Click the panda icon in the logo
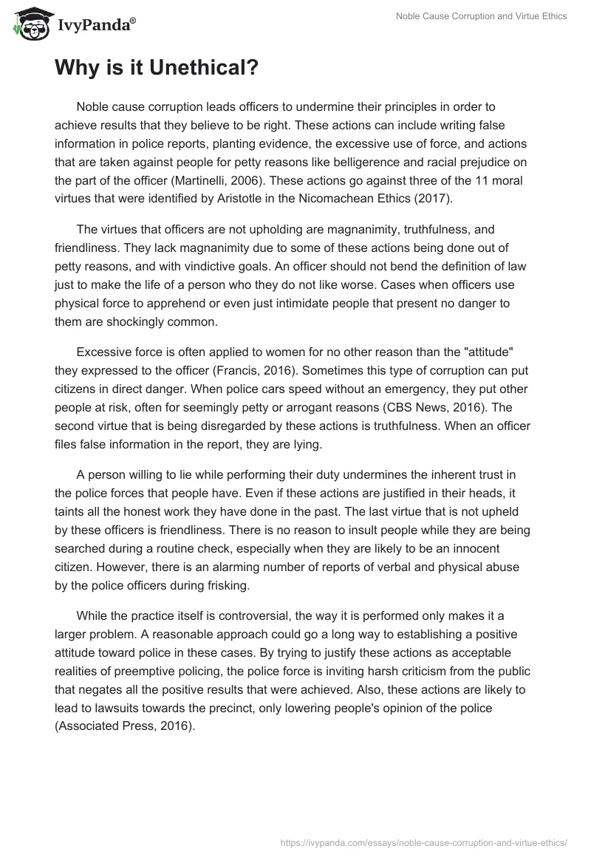click(27, 23)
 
